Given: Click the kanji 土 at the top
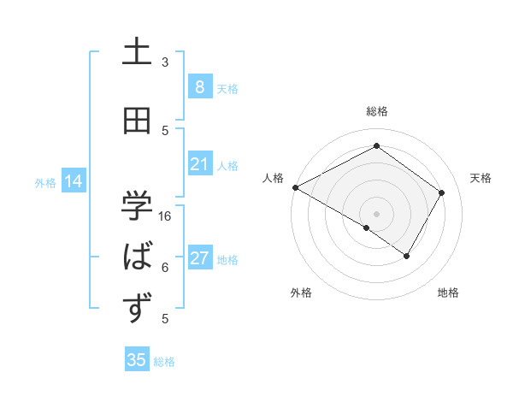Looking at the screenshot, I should (137, 53).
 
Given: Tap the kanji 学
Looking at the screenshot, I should (137, 205).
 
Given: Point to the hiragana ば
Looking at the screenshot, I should (138, 257).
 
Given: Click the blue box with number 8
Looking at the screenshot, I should (199, 87).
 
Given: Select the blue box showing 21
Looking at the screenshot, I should (199, 164).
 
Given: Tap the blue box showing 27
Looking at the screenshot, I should (199, 258).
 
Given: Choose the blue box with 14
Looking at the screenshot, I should (74, 181).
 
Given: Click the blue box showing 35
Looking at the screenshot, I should (137, 360).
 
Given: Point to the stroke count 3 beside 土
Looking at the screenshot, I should (165, 62).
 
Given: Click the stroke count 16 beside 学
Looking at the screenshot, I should (165, 216).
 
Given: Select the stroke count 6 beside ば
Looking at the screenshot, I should (165, 268).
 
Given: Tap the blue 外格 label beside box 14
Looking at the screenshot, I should (45, 182).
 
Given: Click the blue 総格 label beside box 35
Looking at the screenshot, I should (164, 362).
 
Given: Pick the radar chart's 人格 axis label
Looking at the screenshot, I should (273, 178).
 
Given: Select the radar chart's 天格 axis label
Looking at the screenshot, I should (481, 178).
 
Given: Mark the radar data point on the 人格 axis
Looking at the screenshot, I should (295, 187).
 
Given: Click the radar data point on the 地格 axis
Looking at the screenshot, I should (407, 256).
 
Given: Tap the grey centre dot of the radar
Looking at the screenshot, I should (376, 213).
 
